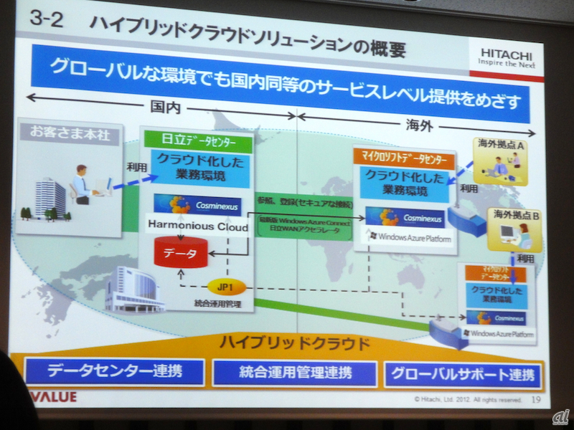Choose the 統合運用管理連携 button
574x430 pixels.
(x=294, y=373)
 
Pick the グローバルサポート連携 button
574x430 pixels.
(x=463, y=375)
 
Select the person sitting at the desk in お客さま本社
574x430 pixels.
(x=83, y=183)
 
